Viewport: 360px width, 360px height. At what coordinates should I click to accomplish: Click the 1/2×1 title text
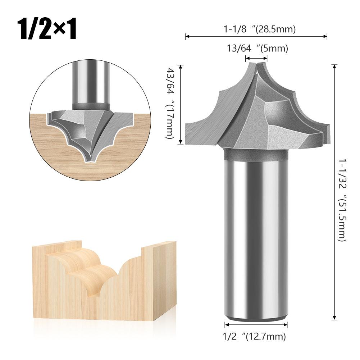pyautogui.click(x=47, y=29)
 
